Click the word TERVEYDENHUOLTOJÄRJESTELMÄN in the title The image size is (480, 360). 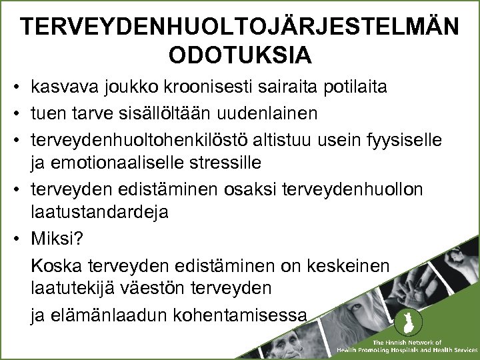239,27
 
